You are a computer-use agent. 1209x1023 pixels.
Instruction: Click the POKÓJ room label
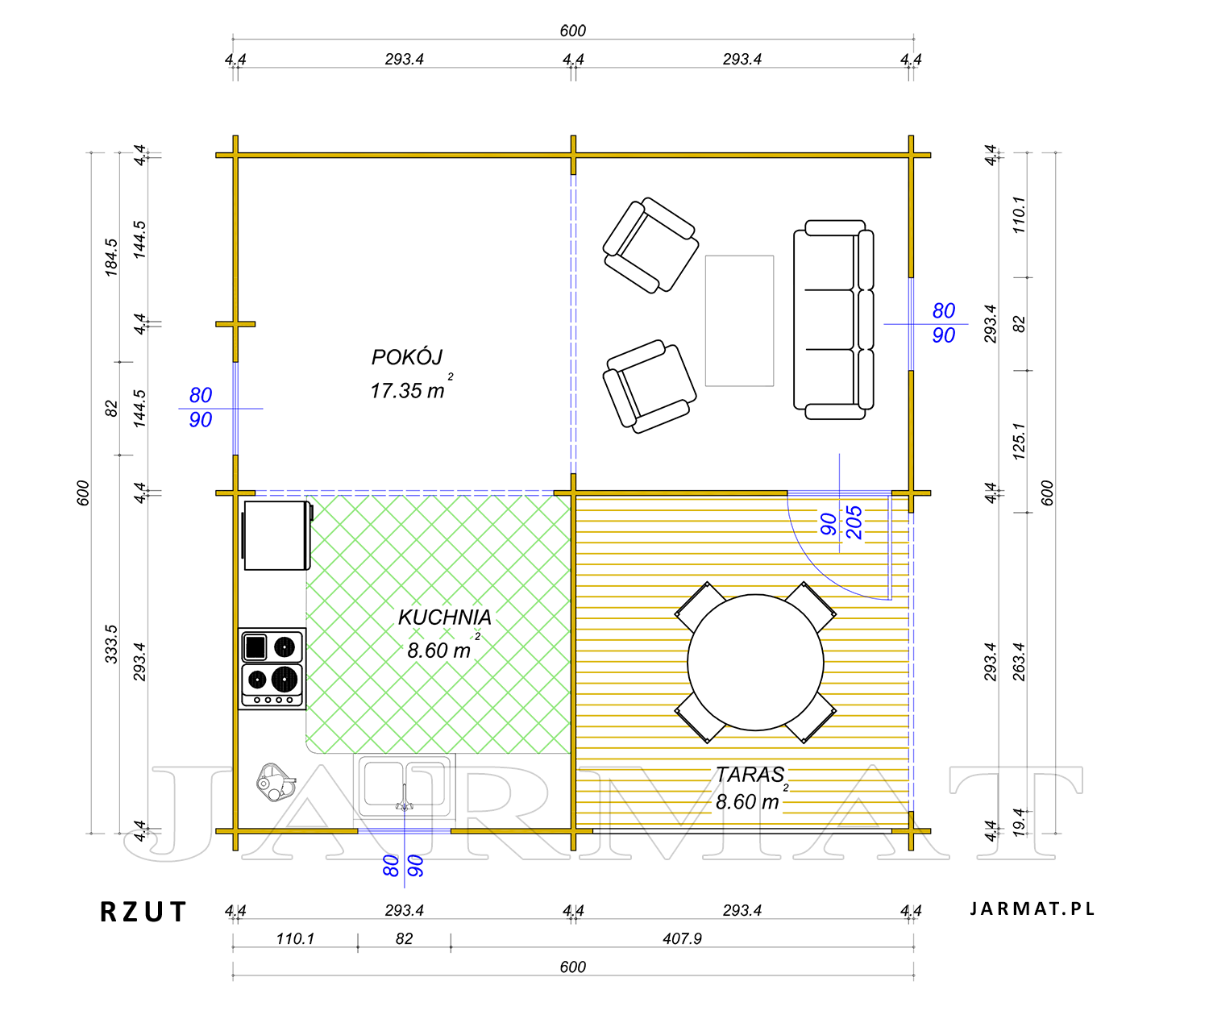click(407, 357)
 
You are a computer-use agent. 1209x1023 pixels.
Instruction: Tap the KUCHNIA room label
click(445, 617)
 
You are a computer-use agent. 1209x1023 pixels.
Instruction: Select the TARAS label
click(750, 775)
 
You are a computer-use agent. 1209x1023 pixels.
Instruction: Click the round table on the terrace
click(755, 662)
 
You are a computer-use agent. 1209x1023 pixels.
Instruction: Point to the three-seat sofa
click(833, 320)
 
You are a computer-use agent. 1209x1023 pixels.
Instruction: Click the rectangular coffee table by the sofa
click(739, 321)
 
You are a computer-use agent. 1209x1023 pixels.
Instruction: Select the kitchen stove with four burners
click(272, 668)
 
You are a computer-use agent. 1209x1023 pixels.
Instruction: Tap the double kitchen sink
click(404, 785)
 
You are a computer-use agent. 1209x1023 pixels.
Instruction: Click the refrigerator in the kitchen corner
click(276, 535)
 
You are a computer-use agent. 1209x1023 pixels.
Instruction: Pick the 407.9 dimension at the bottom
click(682, 939)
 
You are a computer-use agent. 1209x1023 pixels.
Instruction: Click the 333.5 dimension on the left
click(110, 644)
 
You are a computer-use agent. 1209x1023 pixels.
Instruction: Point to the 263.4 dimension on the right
click(1018, 662)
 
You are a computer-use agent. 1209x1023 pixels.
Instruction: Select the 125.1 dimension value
click(1018, 441)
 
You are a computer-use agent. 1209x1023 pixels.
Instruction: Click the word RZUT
click(143, 912)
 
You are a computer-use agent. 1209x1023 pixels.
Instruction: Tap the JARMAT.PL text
click(1032, 909)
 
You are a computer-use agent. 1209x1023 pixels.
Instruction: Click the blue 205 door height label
click(854, 522)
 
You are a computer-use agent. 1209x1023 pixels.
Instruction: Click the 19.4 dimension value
click(1018, 821)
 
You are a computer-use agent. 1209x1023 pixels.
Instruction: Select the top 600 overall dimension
click(572, 31)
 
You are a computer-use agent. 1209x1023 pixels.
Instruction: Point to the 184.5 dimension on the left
click(110, 257)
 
